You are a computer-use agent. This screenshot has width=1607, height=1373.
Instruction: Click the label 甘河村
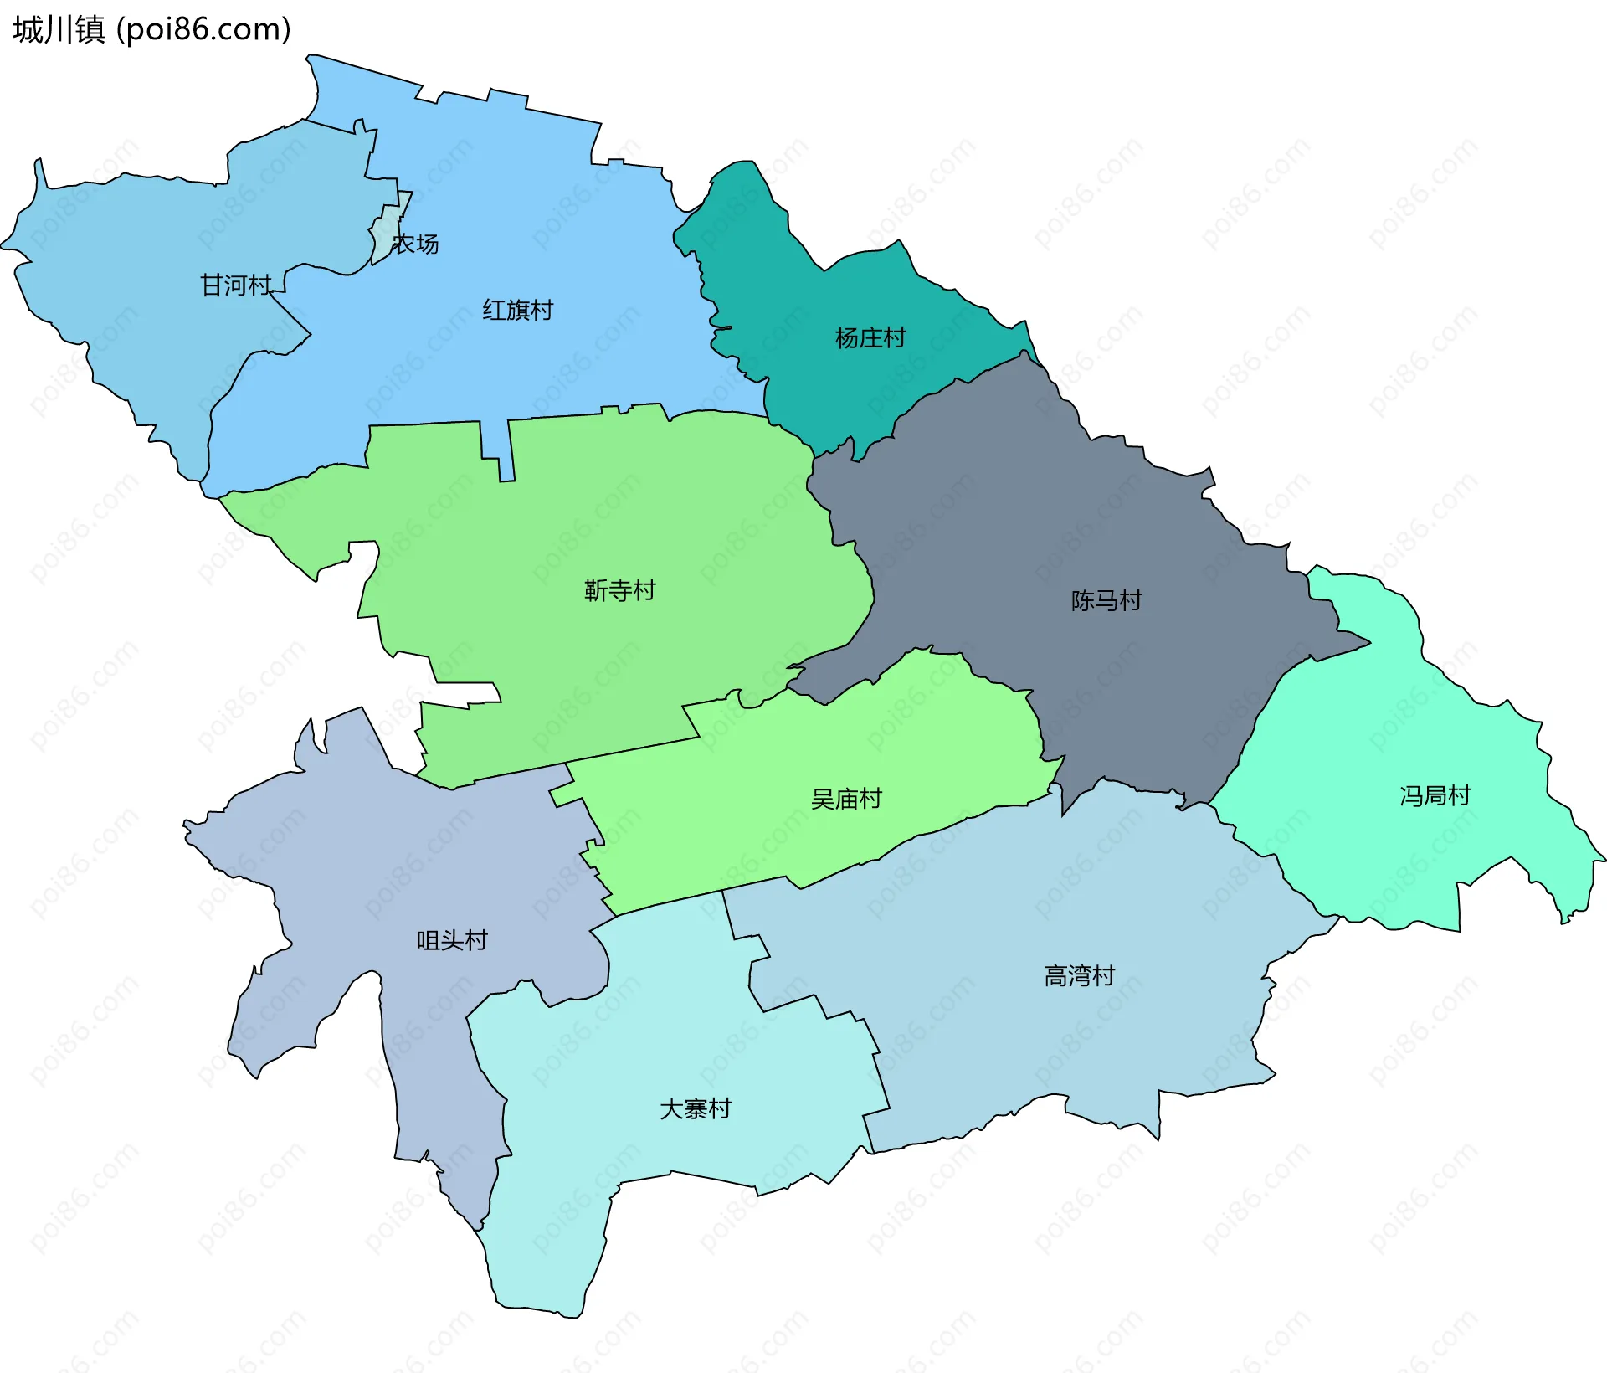pyautogui.click(x=236, y=285)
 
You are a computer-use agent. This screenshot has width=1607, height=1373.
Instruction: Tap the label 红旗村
pyautogui.click(x=517, y=311)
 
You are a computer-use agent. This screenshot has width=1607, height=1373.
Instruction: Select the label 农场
pyautogui.click(x=416, y=244)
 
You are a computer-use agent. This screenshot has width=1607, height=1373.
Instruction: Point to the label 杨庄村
pyautogui.click(x=870, y=338)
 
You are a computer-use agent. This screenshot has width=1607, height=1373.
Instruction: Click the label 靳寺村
pyautogui.click(x=619, y=591)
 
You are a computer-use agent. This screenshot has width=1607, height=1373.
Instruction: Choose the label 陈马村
pyautogui.click(x=1106, y=601)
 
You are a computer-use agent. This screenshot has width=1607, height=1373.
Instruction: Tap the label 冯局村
pyautogui.click(x=1435, y=796)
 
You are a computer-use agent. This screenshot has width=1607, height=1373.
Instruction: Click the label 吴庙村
pyautogui.click(x=846, y=800)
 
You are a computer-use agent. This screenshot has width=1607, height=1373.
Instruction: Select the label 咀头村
pyautogui.click(x=452, y=941)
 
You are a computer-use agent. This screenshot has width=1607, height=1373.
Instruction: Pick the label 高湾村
pyautogui.click(x=1079, y=976)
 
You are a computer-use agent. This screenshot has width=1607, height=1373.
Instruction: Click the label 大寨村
pyautogui.click(x=695, y=1109)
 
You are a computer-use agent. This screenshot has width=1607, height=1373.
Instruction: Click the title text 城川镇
pyautogui.click(x=59, y=30)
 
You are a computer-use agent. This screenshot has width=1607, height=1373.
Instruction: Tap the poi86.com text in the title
pyautogui.click(x=203, y=30)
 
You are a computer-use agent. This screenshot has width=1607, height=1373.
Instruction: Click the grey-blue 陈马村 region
pyautogui.click(x=1046, y=519)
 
